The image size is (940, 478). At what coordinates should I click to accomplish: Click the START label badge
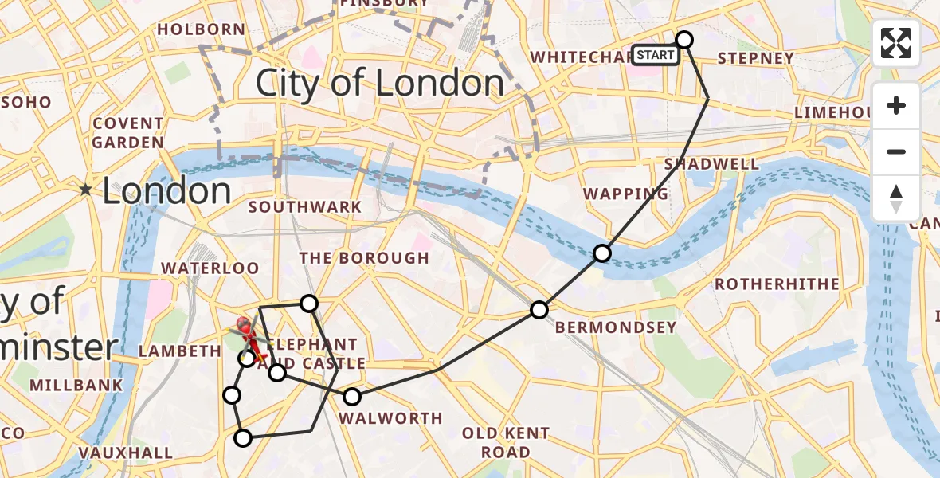(x=656, y=55)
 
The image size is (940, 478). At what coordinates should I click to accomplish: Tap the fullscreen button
(x=896, y=43)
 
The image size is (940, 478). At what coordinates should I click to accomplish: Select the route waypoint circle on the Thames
(x=602, y=253)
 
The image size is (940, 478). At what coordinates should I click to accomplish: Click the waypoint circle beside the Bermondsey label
(x=539, y=310)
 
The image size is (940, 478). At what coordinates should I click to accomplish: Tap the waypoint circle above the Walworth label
(x=351, y=396)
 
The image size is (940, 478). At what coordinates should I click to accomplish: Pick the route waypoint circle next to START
(x=684, y=39)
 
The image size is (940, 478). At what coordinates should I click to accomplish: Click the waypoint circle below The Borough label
(x=309, y=303)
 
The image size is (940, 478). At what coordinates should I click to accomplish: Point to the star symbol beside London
(x=85, y=190)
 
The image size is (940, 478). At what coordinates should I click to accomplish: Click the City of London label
(x=379, y=83)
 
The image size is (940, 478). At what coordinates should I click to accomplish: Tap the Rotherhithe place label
(x=777, y=284)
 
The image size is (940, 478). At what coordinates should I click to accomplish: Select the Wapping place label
(x=625, y=194)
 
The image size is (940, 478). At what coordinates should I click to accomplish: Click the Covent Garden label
(x=128, y=133)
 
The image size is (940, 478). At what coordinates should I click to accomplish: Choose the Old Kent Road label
(x=506, y=443)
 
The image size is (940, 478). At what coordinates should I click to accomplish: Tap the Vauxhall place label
(x=126, y=453)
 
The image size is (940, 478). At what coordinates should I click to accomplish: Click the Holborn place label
(x=202, y=29)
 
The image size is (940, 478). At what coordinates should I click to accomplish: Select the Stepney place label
(x=756, y=58)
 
